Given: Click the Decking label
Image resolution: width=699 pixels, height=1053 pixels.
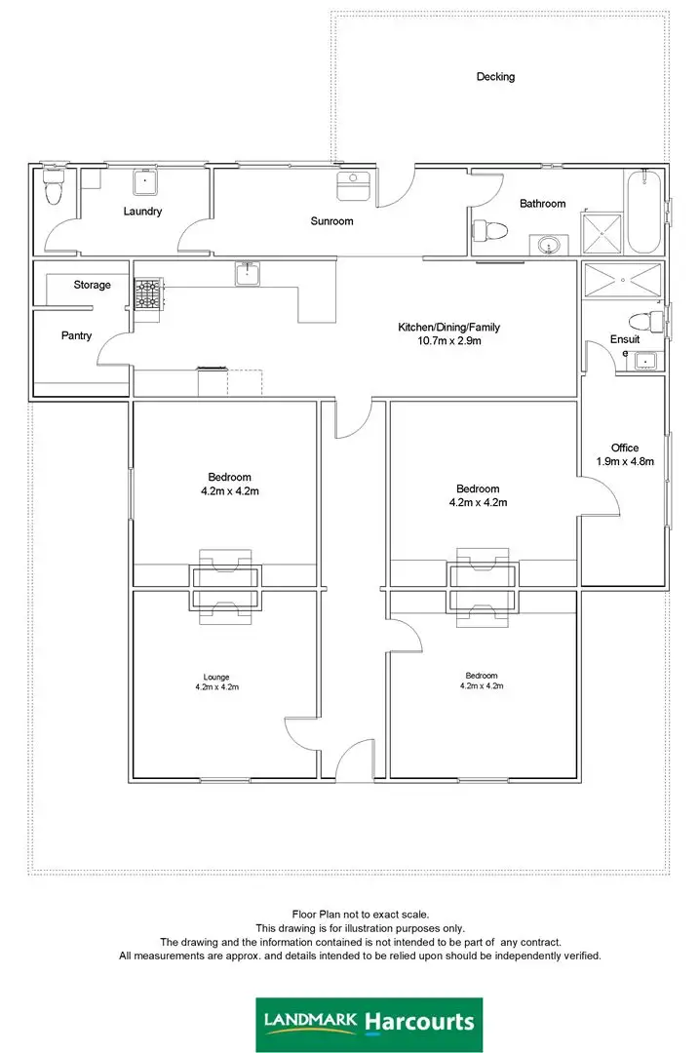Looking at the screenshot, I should [495, 77].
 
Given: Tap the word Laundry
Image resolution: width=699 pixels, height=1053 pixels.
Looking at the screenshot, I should [142, 212].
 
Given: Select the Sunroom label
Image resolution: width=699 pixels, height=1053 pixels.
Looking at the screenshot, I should [331, 221].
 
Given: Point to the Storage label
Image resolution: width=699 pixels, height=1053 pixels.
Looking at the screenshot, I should [93, 286].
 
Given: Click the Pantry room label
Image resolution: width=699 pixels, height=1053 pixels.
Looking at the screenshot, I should [76, 336].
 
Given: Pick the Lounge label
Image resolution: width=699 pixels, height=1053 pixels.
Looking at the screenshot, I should [215, 677].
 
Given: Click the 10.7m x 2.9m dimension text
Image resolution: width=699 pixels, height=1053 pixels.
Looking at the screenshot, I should [448, 341].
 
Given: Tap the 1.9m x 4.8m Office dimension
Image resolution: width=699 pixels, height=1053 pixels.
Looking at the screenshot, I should [625, 461].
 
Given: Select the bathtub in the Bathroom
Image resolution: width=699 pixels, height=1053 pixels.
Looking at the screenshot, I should [644, 212].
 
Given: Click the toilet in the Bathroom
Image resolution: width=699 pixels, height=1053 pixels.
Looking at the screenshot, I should [489, 231].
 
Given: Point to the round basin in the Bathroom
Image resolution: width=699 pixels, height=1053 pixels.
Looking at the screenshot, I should [550, 245].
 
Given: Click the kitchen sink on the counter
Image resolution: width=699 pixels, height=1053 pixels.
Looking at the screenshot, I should [248, 274].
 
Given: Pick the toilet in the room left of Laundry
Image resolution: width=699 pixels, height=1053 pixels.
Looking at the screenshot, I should [54, 190].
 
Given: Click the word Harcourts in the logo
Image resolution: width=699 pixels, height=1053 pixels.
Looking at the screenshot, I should [420, 1022].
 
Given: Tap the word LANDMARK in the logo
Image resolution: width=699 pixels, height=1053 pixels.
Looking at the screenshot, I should [311, 1020].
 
